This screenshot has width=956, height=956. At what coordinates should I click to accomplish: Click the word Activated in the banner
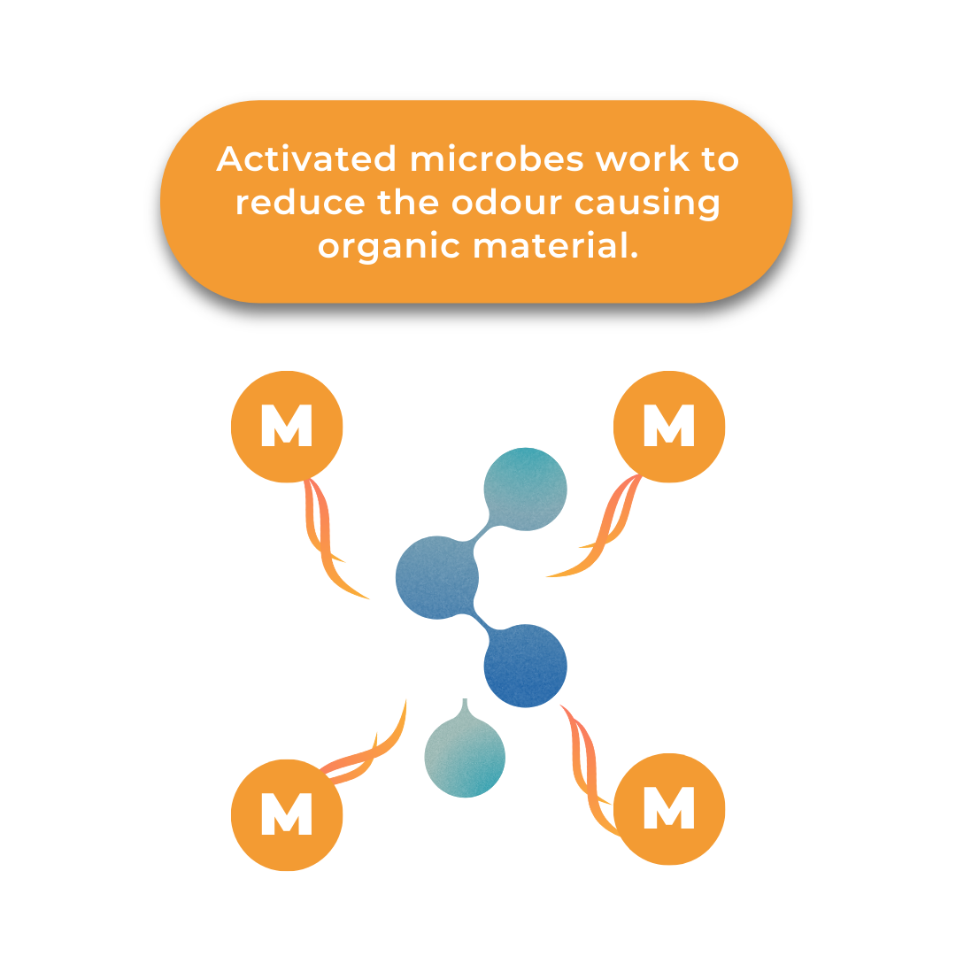coord(306,159)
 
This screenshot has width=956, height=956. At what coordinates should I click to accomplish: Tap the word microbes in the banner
coord(497,159)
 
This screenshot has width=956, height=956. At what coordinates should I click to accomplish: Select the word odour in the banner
coord(506,203)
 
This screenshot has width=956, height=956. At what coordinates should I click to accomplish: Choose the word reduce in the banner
coord(300,203)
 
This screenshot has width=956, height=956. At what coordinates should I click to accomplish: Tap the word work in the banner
coord(643,159)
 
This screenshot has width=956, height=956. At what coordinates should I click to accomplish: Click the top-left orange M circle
coord(287,427)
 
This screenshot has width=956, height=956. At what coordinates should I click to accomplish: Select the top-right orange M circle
coord(669,427)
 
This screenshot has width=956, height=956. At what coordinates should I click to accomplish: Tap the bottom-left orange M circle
coord(287,815)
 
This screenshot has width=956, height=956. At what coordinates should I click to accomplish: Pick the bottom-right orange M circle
coord(669,809)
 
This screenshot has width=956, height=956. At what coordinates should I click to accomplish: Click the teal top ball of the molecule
coord(526,489)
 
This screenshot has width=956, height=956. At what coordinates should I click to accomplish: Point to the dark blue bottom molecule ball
coord(526,666)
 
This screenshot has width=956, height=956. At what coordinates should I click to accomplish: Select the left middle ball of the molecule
coord(436,577)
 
